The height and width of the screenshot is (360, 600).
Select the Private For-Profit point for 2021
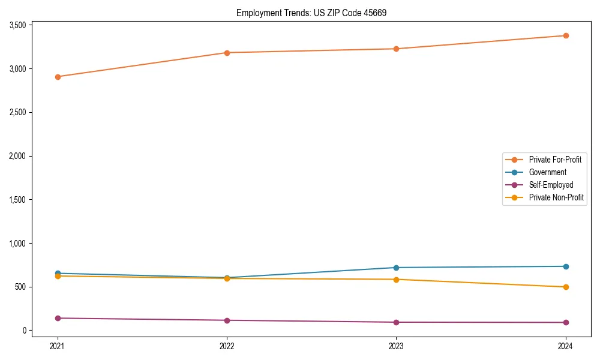(x=58, y=77)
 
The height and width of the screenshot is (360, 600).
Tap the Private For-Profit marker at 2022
(x=227, y=53)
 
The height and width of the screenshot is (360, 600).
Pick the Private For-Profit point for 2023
(x=396, y=49)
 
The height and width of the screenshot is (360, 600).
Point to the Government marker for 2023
(x=396, y=268)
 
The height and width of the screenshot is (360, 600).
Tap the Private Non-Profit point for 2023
(x=396, y=280)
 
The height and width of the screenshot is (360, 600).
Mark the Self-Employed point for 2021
(x=58, y=318)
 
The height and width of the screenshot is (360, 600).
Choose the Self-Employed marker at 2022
(x=227, y=320)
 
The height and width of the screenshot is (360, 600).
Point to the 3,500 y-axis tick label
(x=17, y=25)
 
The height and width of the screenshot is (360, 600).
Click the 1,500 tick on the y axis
(x=17, y=200)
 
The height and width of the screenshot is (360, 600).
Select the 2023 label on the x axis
(x=396, y=346)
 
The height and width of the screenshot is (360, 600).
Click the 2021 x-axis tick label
(x=58, y=346)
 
